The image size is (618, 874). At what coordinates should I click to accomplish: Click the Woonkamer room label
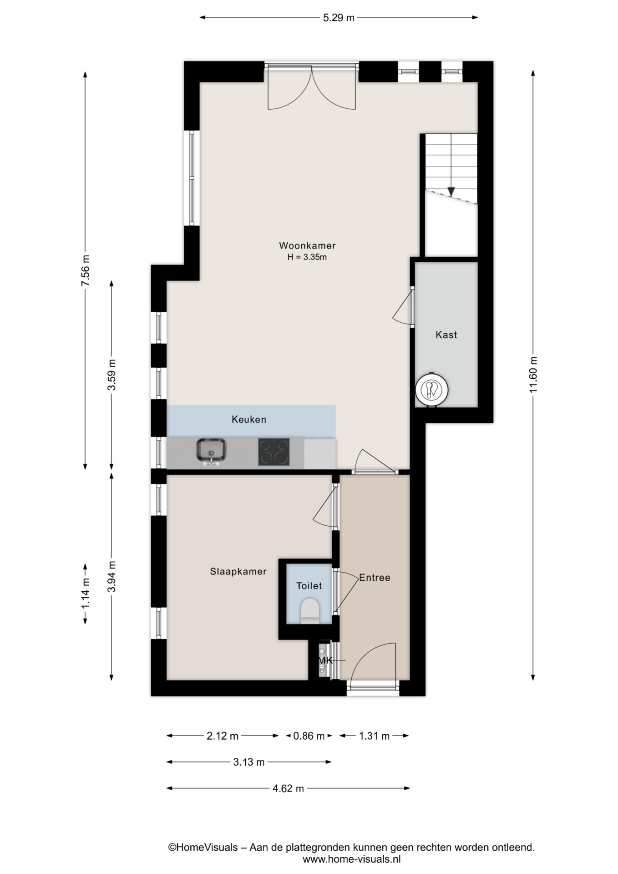307,246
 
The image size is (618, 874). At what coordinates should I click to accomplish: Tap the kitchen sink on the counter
212,451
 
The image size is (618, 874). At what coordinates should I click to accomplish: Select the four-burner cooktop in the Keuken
274,452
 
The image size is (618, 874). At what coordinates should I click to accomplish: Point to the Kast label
446,335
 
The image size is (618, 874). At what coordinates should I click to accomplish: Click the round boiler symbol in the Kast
431,390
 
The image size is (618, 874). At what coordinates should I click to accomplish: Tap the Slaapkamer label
238,571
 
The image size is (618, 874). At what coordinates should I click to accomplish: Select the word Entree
375,578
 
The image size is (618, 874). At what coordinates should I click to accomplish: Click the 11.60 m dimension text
533,375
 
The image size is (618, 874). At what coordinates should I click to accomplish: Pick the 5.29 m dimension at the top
339,18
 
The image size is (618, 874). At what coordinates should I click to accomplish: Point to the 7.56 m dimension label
85,270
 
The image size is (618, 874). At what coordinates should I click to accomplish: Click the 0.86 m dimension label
309,736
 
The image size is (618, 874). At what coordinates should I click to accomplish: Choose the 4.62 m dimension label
288,788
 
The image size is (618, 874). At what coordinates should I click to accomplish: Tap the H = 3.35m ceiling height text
307,257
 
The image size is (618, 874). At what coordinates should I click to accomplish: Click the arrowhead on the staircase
451,192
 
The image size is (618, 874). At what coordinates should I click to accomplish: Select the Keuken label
249,419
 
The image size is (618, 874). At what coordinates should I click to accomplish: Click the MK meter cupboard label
325,660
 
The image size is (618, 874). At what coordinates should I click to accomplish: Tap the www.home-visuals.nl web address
352,859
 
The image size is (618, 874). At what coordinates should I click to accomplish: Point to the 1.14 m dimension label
85,594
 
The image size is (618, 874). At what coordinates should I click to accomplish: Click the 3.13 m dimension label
249,762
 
